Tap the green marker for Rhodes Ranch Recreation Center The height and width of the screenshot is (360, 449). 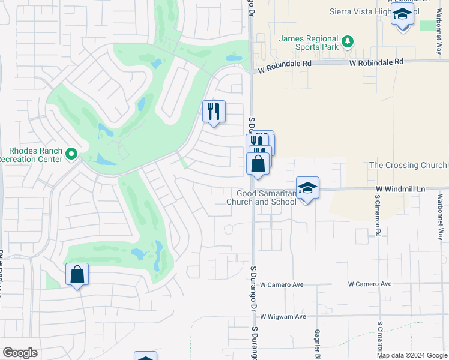click(x=71, y=155)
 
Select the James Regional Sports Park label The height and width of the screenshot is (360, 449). click(x=309, y=43)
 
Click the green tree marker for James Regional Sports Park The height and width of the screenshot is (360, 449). click(x=347, y=41)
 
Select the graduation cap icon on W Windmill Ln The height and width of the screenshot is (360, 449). click(x=307, y=188)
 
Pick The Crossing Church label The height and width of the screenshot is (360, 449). click(x=408, y=165)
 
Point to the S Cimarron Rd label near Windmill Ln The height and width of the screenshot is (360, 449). click(x=378, y=215)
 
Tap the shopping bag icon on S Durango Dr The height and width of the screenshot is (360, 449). click(x=258, y=164)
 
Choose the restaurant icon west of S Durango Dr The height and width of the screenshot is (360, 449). click(x=214, y=112)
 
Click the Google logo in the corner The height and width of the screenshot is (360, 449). click(x=20, y=353)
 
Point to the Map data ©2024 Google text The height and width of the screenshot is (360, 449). click(x=412, y=356)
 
